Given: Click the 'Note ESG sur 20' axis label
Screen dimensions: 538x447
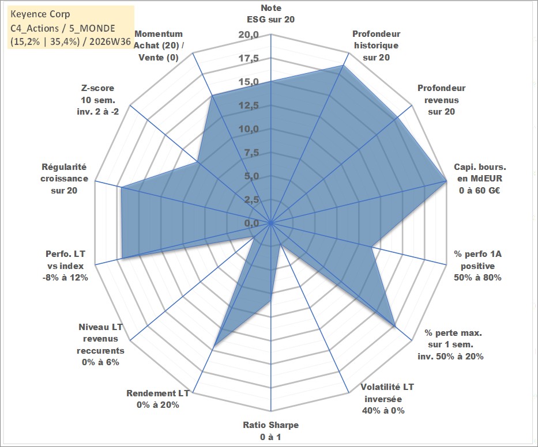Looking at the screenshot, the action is [x=270, y=14].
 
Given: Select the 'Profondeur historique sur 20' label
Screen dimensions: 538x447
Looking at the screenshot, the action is [x=376, y=46].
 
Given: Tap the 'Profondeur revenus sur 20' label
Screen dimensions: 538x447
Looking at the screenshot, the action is [x=441, y=100].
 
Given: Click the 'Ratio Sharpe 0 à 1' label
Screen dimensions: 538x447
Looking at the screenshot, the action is [x=270, y=431].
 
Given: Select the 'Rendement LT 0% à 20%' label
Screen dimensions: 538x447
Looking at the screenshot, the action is [x=158, y=399].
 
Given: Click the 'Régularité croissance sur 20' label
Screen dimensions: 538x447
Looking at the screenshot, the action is [x=64, y=178].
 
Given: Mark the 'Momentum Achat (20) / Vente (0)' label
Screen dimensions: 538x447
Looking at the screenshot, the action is [x=159, y=46].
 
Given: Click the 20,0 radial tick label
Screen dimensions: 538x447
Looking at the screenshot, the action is [x=249, y=35].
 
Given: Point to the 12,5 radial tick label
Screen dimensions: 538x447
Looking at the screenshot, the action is [x=249, y=105].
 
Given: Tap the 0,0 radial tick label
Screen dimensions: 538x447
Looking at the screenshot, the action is [x=251, y=223].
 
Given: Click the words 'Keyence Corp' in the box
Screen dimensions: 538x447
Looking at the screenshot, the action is [x=40, y=14].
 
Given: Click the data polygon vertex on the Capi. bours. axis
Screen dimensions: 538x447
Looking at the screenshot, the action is [x=446, y=181].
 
